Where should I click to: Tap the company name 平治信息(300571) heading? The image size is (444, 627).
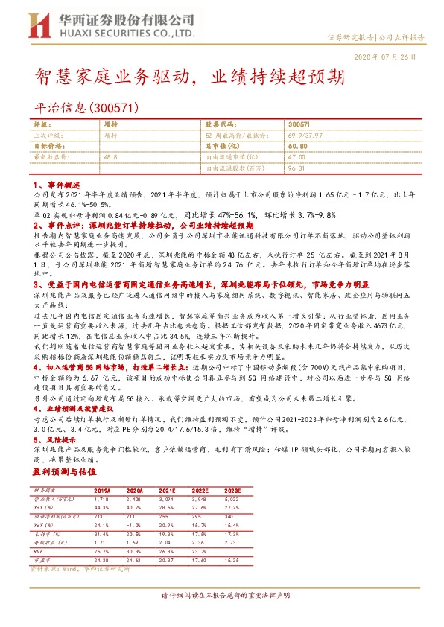pos(88,109)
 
